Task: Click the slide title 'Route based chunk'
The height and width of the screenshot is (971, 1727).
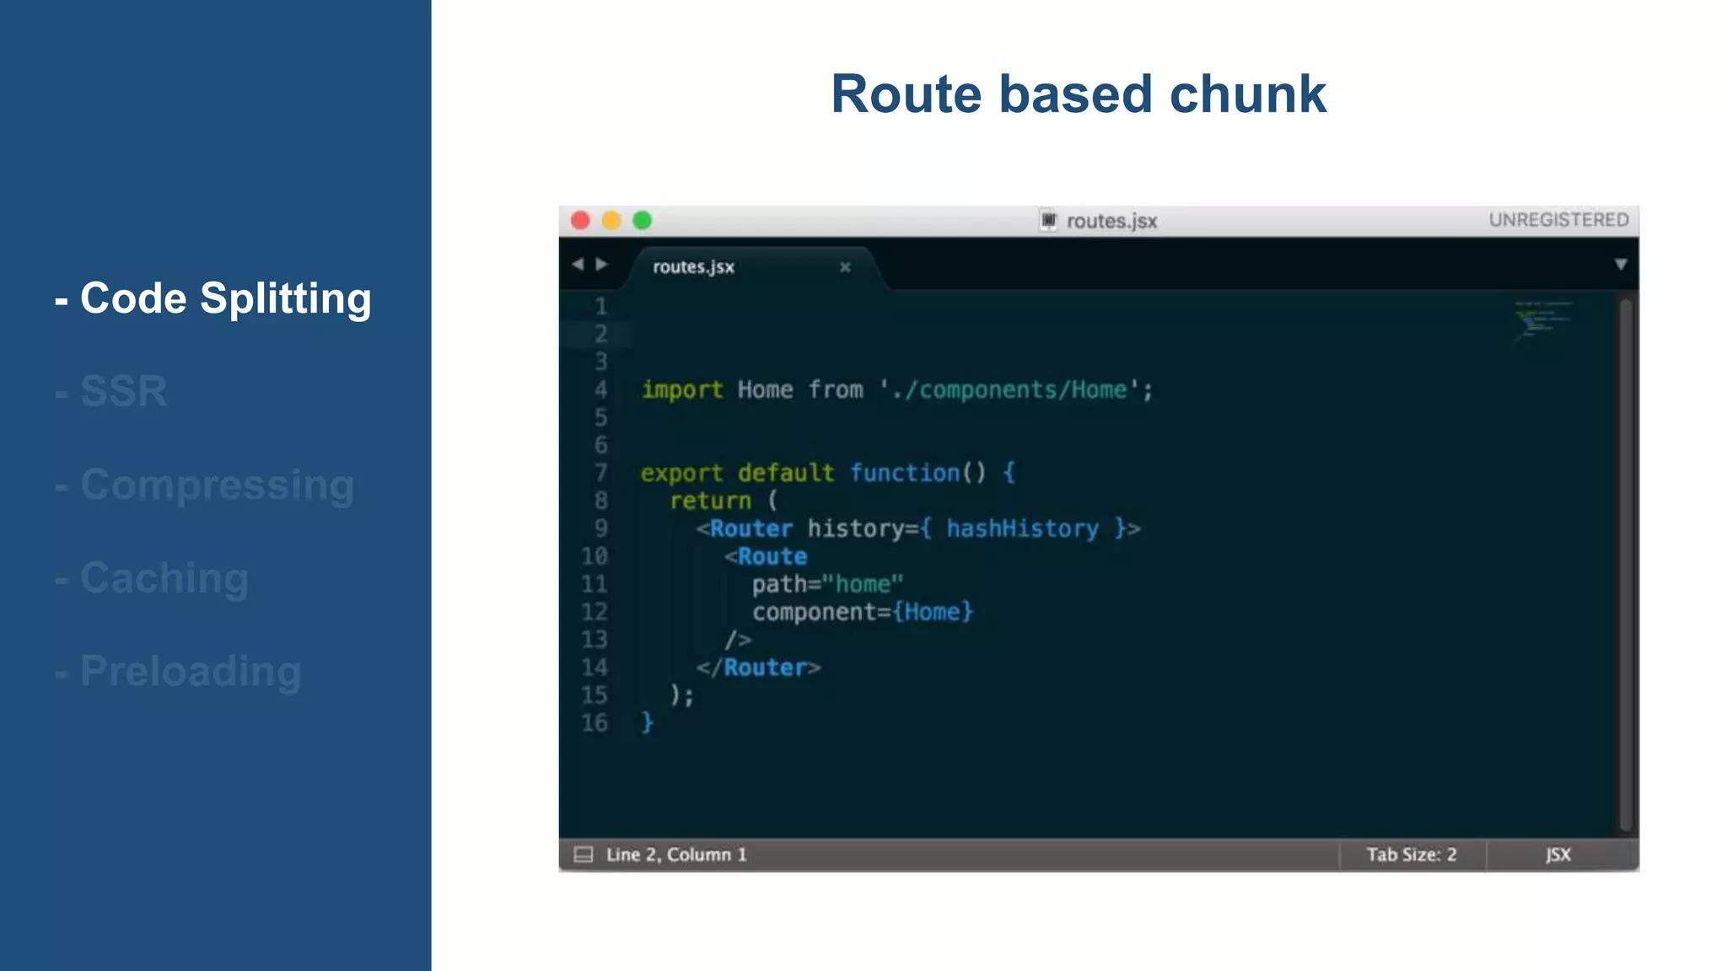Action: [x=1078, y=94]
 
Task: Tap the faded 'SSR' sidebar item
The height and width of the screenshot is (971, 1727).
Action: [x=123, y=391]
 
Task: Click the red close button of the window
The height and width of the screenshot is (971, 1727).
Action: [x=580, y=221]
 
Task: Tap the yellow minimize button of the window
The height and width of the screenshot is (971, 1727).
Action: [x=611, y=221]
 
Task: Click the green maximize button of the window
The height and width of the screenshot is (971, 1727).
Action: [x=643, y=221]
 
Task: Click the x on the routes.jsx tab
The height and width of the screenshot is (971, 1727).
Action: [x=845, y=267]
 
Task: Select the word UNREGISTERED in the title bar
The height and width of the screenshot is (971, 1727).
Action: [x=1558, y=220]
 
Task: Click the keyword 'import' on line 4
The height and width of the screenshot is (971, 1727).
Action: [x=681, y=389]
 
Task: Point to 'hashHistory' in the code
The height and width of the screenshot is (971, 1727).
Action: [x=1022, y=528]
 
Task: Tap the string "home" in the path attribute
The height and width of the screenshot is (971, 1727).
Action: [x=862, y=584]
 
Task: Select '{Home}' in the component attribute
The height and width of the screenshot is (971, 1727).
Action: [x=933, y=612]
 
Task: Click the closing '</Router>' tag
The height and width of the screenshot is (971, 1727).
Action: [x=758, y=668]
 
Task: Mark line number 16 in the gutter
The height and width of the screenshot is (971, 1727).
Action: [x=594, y=723]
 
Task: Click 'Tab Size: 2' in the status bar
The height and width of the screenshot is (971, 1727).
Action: [x=1412, y=855]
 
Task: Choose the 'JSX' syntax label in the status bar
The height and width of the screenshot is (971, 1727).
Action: [x=1558, y=855]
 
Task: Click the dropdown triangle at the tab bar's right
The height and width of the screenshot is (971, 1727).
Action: [x=1621, y=265]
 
